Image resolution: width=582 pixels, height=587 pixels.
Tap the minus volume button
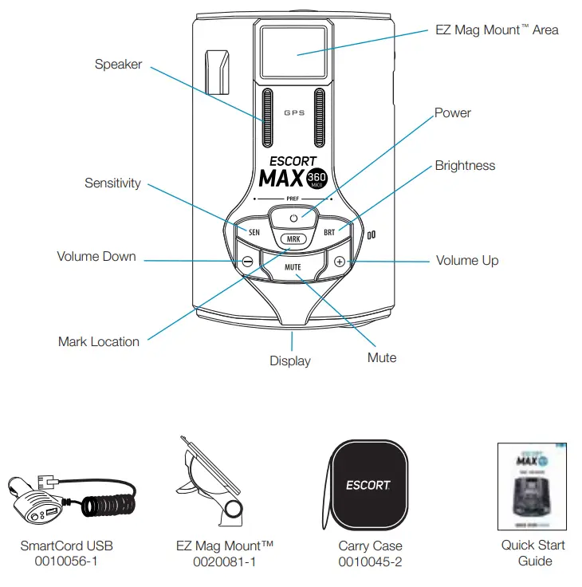[x=248, y=261]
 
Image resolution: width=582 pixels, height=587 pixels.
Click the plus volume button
[x=340, y=261]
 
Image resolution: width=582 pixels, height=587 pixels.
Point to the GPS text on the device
[x=294, y=113]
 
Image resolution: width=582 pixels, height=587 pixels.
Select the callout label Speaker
[x=118, y=65]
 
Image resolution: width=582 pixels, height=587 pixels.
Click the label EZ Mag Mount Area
[x=497, y=30]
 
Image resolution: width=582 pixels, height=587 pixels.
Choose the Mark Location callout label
[x=99, y=341]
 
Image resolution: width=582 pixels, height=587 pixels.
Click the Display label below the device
[x=290, y=360]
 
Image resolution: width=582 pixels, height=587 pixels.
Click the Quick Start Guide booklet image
[x=532, y=487]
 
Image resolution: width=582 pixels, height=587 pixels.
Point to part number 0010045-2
[x=370, y=561]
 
